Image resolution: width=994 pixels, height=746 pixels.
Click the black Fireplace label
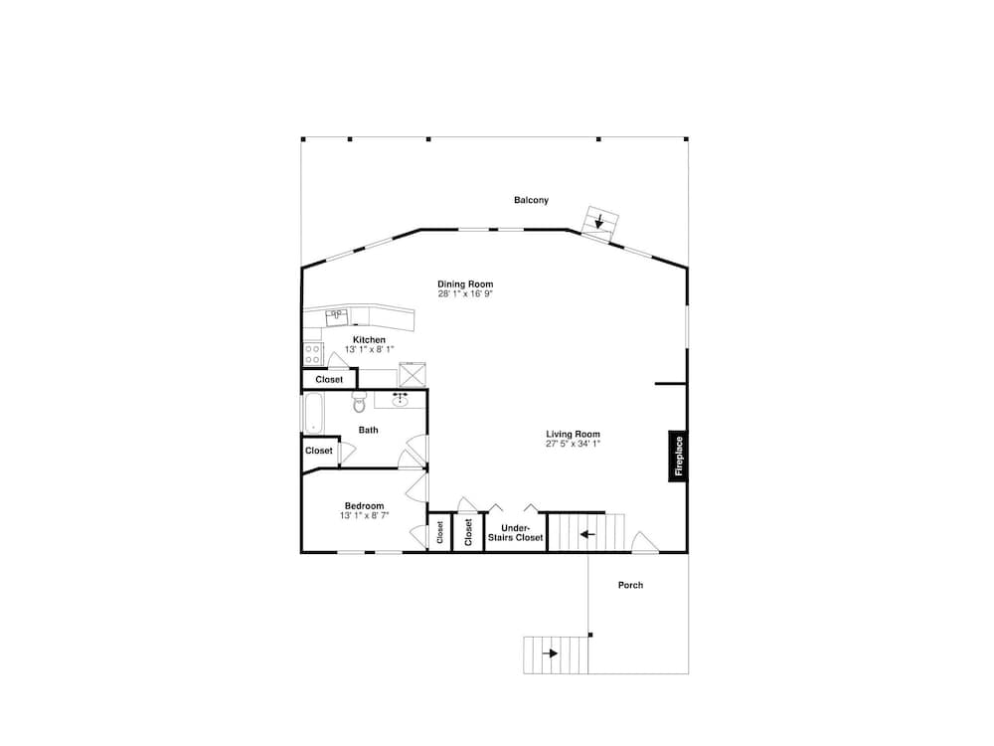(x=678, y=457)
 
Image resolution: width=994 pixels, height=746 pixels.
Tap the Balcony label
(x=531, y=200)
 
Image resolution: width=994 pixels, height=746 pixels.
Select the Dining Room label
(x=465, y=284)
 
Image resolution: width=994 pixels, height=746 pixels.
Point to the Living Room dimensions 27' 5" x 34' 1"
(x=574, y=444)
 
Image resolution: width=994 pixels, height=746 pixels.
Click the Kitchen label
(x=369, y=340)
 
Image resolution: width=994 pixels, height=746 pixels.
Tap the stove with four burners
(x=312, y=354)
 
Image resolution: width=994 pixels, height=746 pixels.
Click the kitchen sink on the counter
(x=336, y=316)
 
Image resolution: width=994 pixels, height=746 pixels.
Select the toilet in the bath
(x=360, y=402)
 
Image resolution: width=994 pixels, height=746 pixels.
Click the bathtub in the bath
(x=313, y=413)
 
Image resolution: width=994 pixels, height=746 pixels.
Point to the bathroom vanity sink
(x=400, y=400)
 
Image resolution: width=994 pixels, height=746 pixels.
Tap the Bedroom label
(x=365, y=505)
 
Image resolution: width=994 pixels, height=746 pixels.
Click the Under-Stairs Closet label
(x=515, y=533)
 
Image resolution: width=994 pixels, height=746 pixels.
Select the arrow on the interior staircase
(x=587, y=534)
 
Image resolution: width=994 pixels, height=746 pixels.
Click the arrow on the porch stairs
(x=550, y=653)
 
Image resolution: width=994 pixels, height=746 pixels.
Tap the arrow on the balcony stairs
(x=599, y=221)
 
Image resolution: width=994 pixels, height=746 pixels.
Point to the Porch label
(x=631, y=585)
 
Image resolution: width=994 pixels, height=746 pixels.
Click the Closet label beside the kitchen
(x=329, y=379)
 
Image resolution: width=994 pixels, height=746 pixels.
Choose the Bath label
(x=369, y=430)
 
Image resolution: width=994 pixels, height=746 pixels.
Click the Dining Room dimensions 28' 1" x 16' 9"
(x=465, y=294)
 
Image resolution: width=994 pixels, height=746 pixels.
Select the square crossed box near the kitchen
(x=413, y=375)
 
